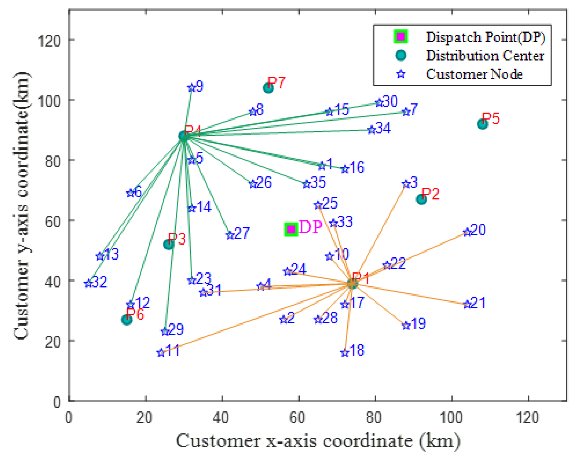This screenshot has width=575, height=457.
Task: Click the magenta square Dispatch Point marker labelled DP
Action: [x=291, y=229]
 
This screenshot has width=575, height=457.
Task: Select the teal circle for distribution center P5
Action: [x=482, y=124]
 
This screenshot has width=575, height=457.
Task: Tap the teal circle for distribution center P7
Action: [x=268, y=88]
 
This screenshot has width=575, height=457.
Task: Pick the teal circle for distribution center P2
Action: [x=421, y=199]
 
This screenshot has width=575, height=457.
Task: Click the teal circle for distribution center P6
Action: [x=126, y=319]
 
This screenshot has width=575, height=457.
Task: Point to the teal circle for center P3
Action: [x=168, y=244]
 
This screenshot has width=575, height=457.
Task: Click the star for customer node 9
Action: [x=191, y=88]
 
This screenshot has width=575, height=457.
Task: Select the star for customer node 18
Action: [x=345, y=353]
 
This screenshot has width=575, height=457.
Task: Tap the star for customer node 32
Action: [x=88, y=283]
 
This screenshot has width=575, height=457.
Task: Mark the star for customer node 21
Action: [x=467, y=305]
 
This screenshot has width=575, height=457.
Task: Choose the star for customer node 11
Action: [x=161, y=353]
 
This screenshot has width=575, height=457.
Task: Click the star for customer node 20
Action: [x=467, y=232]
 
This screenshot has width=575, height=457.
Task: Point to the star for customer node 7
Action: [x=406, y=112]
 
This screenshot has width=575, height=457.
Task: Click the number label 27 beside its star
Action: [x=242, y=233]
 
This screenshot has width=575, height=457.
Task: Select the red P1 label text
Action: [x=360, y=279]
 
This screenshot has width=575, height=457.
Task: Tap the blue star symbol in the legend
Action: [x=401, y=74]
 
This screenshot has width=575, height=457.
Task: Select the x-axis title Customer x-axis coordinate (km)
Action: [x=318, y=441]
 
